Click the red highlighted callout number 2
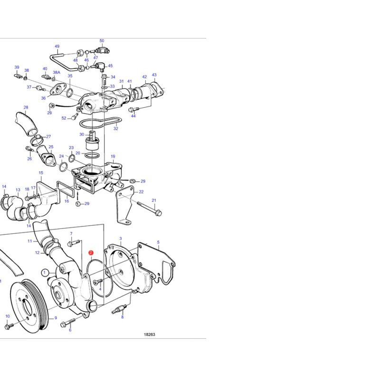pyautogui.click(x=91, y=253)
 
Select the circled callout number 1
pyautogui.click(x=44, y=273)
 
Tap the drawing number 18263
pyautogui.click(x=149, y=334)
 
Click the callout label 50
pyautogui.click(x=102, y=41)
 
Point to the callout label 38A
pyautogui.click(x=57, y=72)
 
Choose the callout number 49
pyautogui.click(x=57, y=46)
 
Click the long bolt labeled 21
pyautogui.click(x=150, y=209)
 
